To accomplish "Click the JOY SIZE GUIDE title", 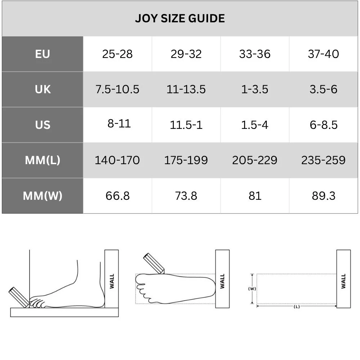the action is pos(180,18).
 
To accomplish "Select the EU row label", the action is pos(42,54).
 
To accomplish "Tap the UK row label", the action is pos(43,89).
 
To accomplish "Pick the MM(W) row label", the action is pos(42,196).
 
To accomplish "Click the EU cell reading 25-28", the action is pos(117,54).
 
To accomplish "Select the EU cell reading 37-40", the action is pos(323,54).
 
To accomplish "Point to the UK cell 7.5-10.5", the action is pos(117,89).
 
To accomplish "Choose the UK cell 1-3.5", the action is pos(255,89).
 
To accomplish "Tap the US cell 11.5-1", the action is pos(186,125).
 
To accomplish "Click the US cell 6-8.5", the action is pos(324,125).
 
